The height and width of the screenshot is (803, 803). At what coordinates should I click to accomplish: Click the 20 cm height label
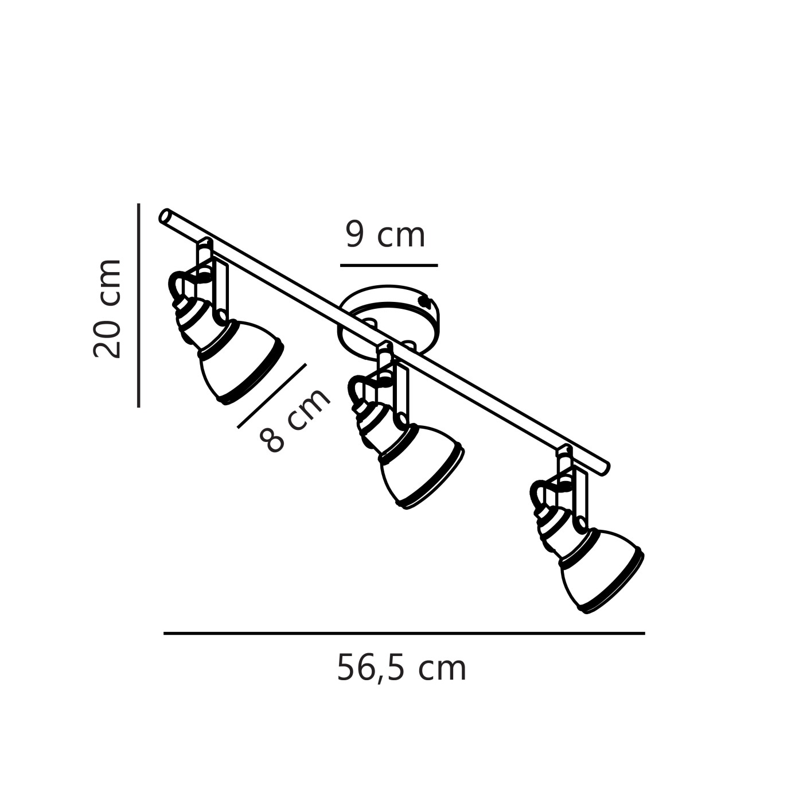(107, 308)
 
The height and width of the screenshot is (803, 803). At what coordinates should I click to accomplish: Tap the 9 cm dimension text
(385, 236)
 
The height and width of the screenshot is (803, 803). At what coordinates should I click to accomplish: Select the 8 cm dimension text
(295, 421)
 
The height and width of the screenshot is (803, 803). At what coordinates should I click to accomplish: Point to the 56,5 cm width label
(402, 668)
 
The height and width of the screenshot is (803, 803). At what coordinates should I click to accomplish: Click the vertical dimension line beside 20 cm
(139, 305)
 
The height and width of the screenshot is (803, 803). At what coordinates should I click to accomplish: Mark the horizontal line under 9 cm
(389, 265)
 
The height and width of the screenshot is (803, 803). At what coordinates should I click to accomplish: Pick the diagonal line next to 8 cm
(272, 396)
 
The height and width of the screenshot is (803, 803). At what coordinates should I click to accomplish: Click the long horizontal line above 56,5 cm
(404, 634)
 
